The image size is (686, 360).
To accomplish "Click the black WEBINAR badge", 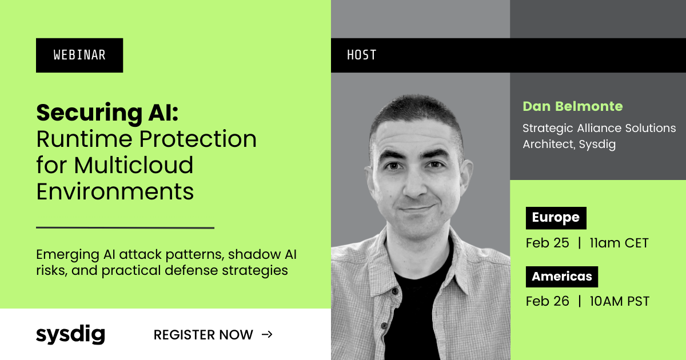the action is (x=79, y=55).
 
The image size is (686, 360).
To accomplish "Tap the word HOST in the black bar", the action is (x=362, y=55).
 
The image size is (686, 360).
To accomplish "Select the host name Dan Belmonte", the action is (x=573, y=106).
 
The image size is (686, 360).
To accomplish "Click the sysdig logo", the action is (x=70, y=334).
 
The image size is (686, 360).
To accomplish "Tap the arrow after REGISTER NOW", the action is (x=267, y=335).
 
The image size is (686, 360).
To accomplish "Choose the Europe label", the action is (x=556, y=218).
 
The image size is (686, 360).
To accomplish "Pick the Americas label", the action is (x=561, y=277).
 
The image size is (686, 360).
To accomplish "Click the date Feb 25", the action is (x=547, y=243).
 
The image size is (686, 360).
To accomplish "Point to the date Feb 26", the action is (x=547, y=301).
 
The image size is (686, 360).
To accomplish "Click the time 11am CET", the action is (x=619, y=243).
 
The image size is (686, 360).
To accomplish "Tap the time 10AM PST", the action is (x=619, y=301).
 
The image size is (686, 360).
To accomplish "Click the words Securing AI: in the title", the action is (x=107, y=113).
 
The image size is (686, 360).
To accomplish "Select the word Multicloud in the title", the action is (x=134, y=165).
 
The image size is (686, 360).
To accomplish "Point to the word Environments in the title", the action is (x=115, y=191).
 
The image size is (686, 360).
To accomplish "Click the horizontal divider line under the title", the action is (x=125, y=228).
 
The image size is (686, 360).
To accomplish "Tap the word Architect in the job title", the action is (x=548, y=144).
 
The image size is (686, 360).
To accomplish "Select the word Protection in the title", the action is (x=198, y=139).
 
